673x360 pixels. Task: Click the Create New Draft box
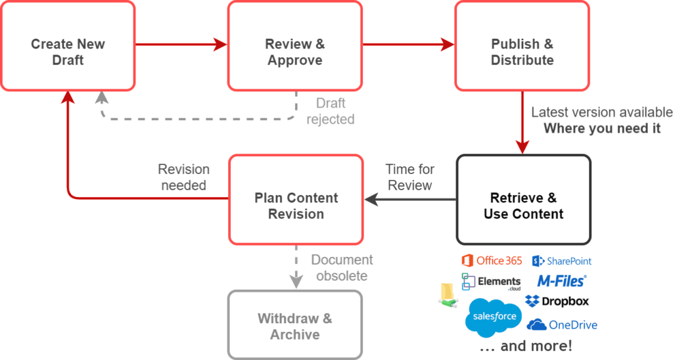pyautogui.click(x=68, y=46)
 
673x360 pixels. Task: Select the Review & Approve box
pyautogui.click(x=295, y=46)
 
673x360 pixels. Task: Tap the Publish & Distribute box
pyautogui.click(x=522, y=46)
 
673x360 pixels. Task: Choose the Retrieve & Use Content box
pyautogui.click(x=524, y=200)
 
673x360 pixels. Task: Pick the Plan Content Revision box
pyautogui.click(x=296, y=200)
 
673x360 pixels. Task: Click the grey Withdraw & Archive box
pyautogui.click(x=295, y=325)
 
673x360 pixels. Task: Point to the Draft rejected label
pyautogui.click(x=331, y=111)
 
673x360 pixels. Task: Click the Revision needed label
pyautogui.click(x=184, y=177)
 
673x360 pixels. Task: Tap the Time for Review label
pyautogui.click(x=410, y=177)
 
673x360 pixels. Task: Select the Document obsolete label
pyautogui.click(x=342, y=268)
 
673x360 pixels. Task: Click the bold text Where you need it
pyautogui.click(x=602, y=128)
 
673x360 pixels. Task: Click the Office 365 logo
pyautogui.click(x=492, y=260)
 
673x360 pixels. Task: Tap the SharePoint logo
pyautogui.click(x=562, y=261)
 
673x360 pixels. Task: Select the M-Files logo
pyautogui.click(x=562, y=281)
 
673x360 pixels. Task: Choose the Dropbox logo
pyautogui.click(x=557, y=302)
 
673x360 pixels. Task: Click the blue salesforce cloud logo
pyautogui.click(x=494, y=317)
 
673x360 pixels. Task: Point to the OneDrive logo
pyautogui.click(x=562, y=325)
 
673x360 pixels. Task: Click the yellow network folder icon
pyautogui.click(x=448, y=296)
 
